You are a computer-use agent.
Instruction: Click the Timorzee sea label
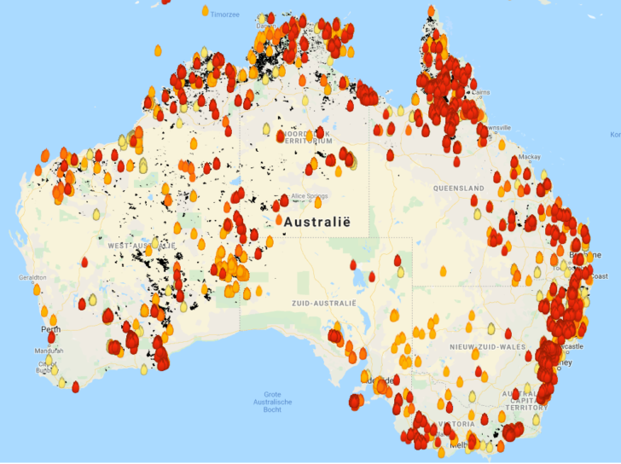(225, 14)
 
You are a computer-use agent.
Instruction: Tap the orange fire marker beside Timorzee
(205, 10)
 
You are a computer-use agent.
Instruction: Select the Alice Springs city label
(309, 196)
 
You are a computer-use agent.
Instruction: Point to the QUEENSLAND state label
(458, 188)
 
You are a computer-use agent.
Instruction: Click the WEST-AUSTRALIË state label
(141, 245)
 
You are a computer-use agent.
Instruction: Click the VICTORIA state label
(456, 423)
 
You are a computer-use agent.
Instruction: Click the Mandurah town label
(49, 351)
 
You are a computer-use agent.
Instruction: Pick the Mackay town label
(529, 157)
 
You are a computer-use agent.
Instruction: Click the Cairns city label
(481, 92)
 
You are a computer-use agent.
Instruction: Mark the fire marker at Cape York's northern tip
(431, 12)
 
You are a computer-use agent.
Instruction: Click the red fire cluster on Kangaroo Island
(357, 401)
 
